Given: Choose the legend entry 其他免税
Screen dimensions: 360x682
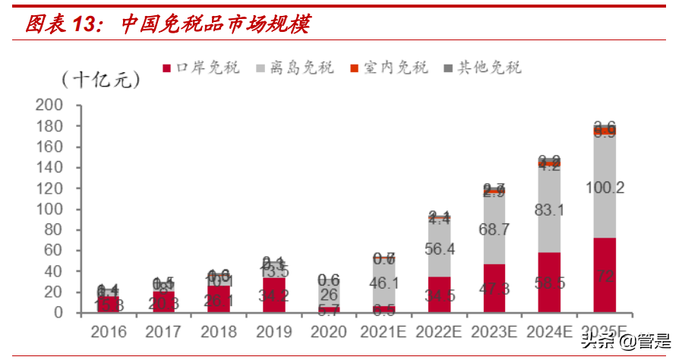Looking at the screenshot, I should pos(483,68).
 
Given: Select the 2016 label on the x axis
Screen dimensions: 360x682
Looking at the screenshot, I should pos(108,333).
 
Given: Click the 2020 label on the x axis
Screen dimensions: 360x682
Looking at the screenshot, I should pos(329,333).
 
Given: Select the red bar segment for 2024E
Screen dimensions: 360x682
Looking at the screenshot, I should pos(549,283).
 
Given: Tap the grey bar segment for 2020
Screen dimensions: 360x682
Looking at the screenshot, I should pos(329,285).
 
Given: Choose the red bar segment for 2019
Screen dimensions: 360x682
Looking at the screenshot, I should pos(273,295).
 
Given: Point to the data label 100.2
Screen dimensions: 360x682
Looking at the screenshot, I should pos(605,187).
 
